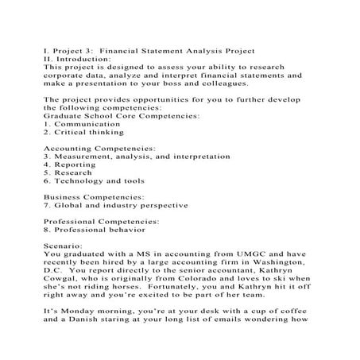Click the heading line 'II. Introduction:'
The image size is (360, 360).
pyautogui.click(x=77, y=59)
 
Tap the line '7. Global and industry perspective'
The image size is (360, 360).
pyautogui.click(x=116, y=205)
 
